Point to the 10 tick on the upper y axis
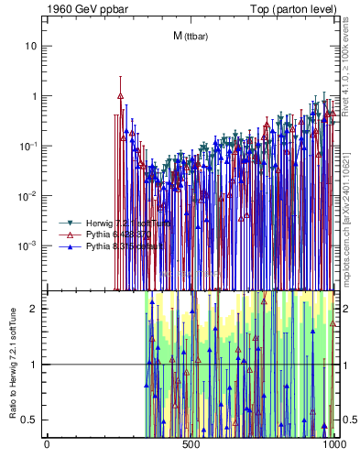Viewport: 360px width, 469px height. point(32,46)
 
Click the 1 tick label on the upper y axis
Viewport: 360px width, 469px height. point(35,96)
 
